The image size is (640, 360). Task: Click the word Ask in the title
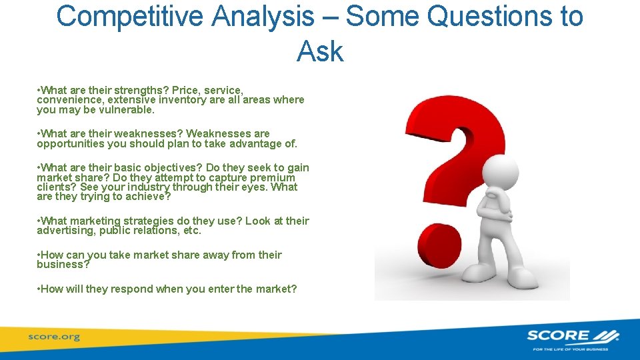(x=320, y=51)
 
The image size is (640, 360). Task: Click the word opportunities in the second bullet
(x=70, y=143)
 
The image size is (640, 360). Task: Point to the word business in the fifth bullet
(x=62, y=265)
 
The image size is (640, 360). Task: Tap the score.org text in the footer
(x=53, y=337)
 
